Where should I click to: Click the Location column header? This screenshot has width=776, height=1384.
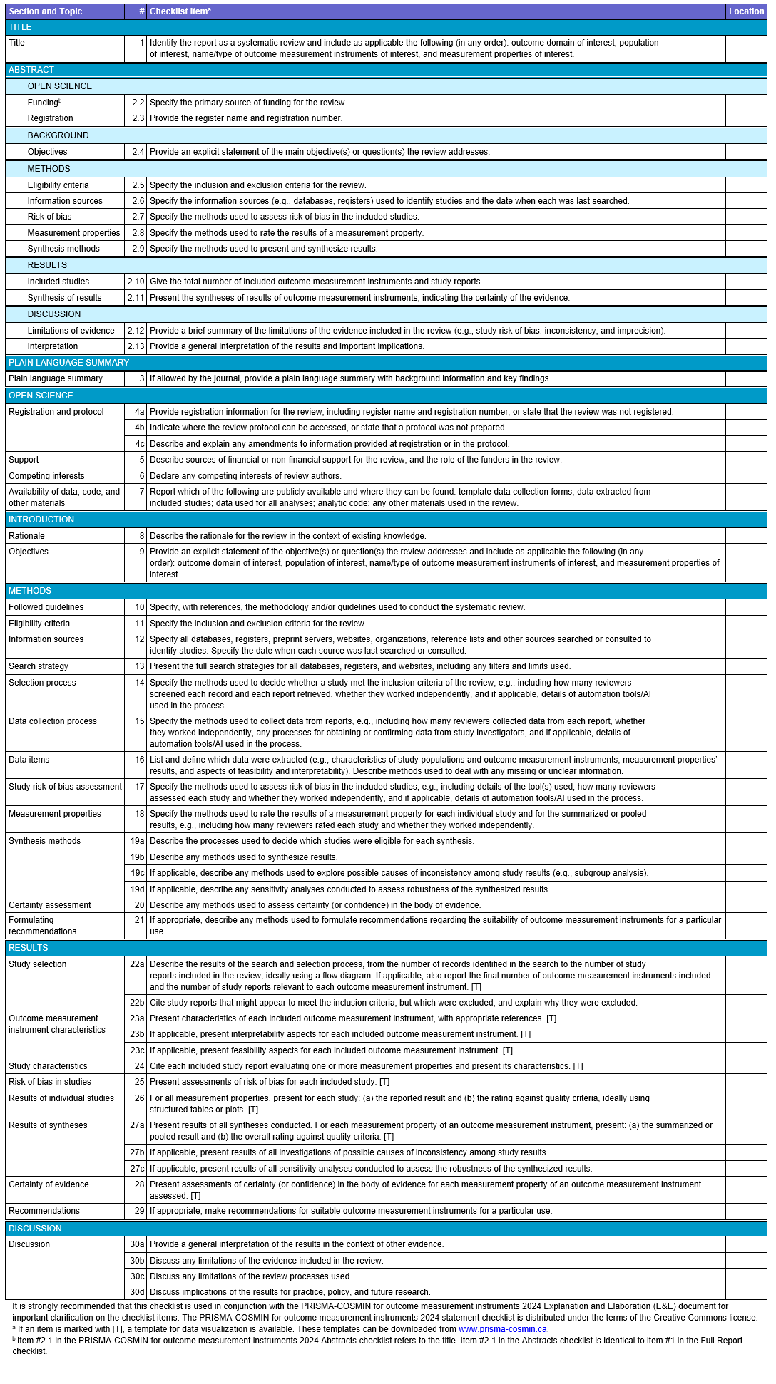[x=746, y=11]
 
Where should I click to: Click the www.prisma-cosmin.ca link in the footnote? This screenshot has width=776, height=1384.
[x=502, y=1329]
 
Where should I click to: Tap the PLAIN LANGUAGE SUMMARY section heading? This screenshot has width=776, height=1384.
[x=69, y=363]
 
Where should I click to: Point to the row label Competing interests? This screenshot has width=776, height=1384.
[x=46, y=476]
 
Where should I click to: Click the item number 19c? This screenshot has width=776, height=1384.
[x=137, y=873]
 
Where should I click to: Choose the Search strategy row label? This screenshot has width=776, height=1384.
[x=39, y=666]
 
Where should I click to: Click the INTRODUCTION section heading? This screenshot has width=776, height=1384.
[x=41, y=520]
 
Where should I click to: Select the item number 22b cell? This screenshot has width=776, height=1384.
[x=137, y=1003]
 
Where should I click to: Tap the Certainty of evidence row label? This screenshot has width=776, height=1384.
[x=48, y=1184]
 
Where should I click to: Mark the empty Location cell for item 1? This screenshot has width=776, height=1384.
[x=746, y=48]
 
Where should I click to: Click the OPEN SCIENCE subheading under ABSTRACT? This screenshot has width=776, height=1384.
[x=60, y=86]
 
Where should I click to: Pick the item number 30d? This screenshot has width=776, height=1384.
[x=137, y=1292]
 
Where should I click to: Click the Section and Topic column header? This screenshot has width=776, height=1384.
[x=46, y=11]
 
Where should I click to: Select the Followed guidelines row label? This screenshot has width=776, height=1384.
[x=46, y=607]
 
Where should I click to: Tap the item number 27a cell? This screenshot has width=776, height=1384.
[x=137, y=1125]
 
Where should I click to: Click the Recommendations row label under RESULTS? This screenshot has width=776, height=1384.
[x=44, y=1211]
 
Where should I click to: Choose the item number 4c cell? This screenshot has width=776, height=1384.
[x=139, y=444]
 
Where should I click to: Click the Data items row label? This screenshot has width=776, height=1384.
[x=29, y=760]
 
